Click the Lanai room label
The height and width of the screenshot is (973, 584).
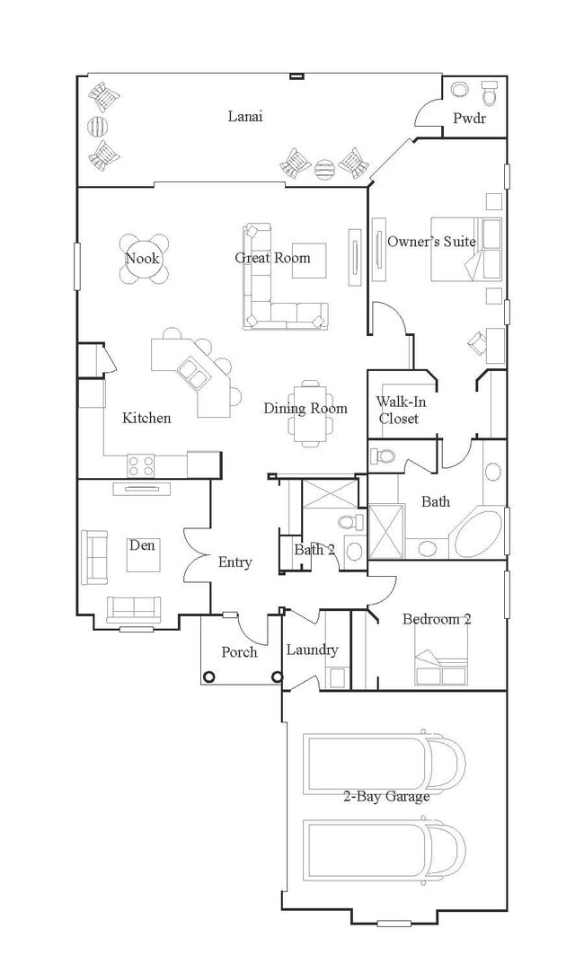pos(244,116)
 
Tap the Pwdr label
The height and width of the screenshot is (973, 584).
pos(469,118)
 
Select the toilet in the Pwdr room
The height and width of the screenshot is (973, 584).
pos(490,93)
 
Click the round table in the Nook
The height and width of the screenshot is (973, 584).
pos(144,258)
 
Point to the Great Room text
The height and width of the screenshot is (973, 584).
pos(272,258)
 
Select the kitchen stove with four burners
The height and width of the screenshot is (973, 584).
pos(141,465)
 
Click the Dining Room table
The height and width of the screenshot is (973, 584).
pos(309,412)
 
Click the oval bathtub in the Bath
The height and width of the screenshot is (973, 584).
pos(478,533)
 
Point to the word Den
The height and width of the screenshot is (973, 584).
pos(142,545)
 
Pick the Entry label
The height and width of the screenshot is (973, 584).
pos(234,562)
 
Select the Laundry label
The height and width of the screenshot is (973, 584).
pos(312,650)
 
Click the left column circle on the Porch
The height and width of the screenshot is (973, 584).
pos(209,677)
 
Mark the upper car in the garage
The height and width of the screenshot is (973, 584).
pos(384,765)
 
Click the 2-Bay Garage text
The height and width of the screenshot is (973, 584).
pos(386,796)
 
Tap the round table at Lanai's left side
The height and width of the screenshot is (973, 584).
pos(98,127)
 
